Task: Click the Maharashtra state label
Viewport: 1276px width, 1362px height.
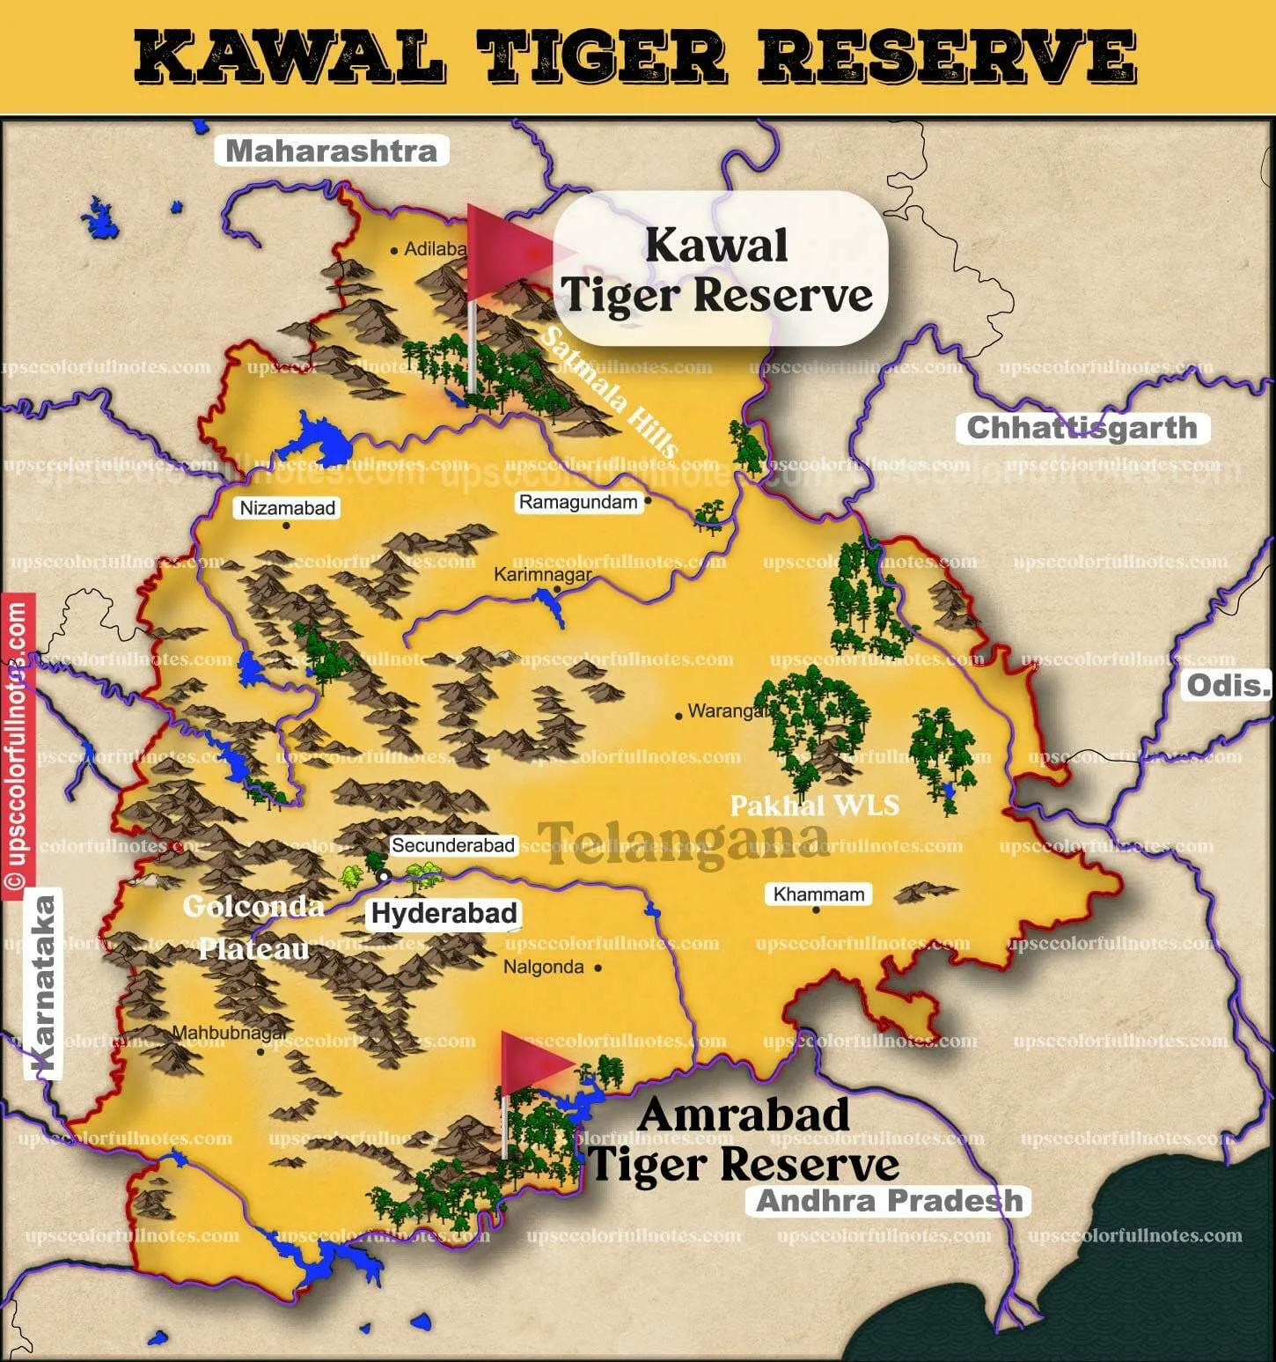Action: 332,151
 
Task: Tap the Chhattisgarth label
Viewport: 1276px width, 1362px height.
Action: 1082,429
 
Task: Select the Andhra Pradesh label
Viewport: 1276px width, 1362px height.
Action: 890,1201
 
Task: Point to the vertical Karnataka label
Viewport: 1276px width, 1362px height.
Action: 45,986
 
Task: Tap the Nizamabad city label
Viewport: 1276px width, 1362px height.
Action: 288,508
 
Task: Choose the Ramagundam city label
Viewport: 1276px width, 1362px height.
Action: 577,503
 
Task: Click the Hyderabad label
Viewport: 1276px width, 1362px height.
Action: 444,913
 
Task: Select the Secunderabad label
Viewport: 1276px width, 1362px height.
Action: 452,846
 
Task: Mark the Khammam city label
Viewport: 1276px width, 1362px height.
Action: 818,895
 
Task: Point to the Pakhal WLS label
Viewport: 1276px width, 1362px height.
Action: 815,805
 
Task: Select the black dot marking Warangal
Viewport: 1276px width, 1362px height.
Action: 678,716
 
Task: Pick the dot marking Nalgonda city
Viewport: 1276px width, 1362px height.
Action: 598,968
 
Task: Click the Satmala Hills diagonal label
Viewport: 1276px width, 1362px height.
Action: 609,393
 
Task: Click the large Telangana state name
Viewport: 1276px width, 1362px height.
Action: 684,843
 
